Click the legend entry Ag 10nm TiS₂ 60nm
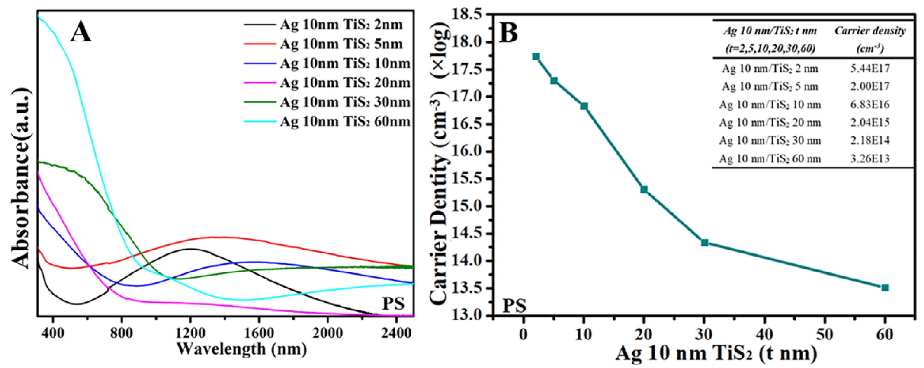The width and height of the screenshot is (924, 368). tap(345, 122)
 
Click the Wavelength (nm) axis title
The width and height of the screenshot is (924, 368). tap(241, 349)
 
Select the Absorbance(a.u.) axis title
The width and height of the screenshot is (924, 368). tap(20, 177)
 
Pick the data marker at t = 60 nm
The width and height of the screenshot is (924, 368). tap(885, 288)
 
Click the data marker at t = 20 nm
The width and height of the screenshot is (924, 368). tap(644, 189)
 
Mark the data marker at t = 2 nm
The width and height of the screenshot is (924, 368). tap(536, 57)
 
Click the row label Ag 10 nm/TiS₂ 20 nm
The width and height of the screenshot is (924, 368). tap(770, 123)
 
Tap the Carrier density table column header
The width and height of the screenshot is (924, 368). tap(870, 39)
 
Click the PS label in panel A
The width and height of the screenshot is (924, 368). tap(393, 304)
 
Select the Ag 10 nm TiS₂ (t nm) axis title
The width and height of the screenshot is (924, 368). tap(716, 354)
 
